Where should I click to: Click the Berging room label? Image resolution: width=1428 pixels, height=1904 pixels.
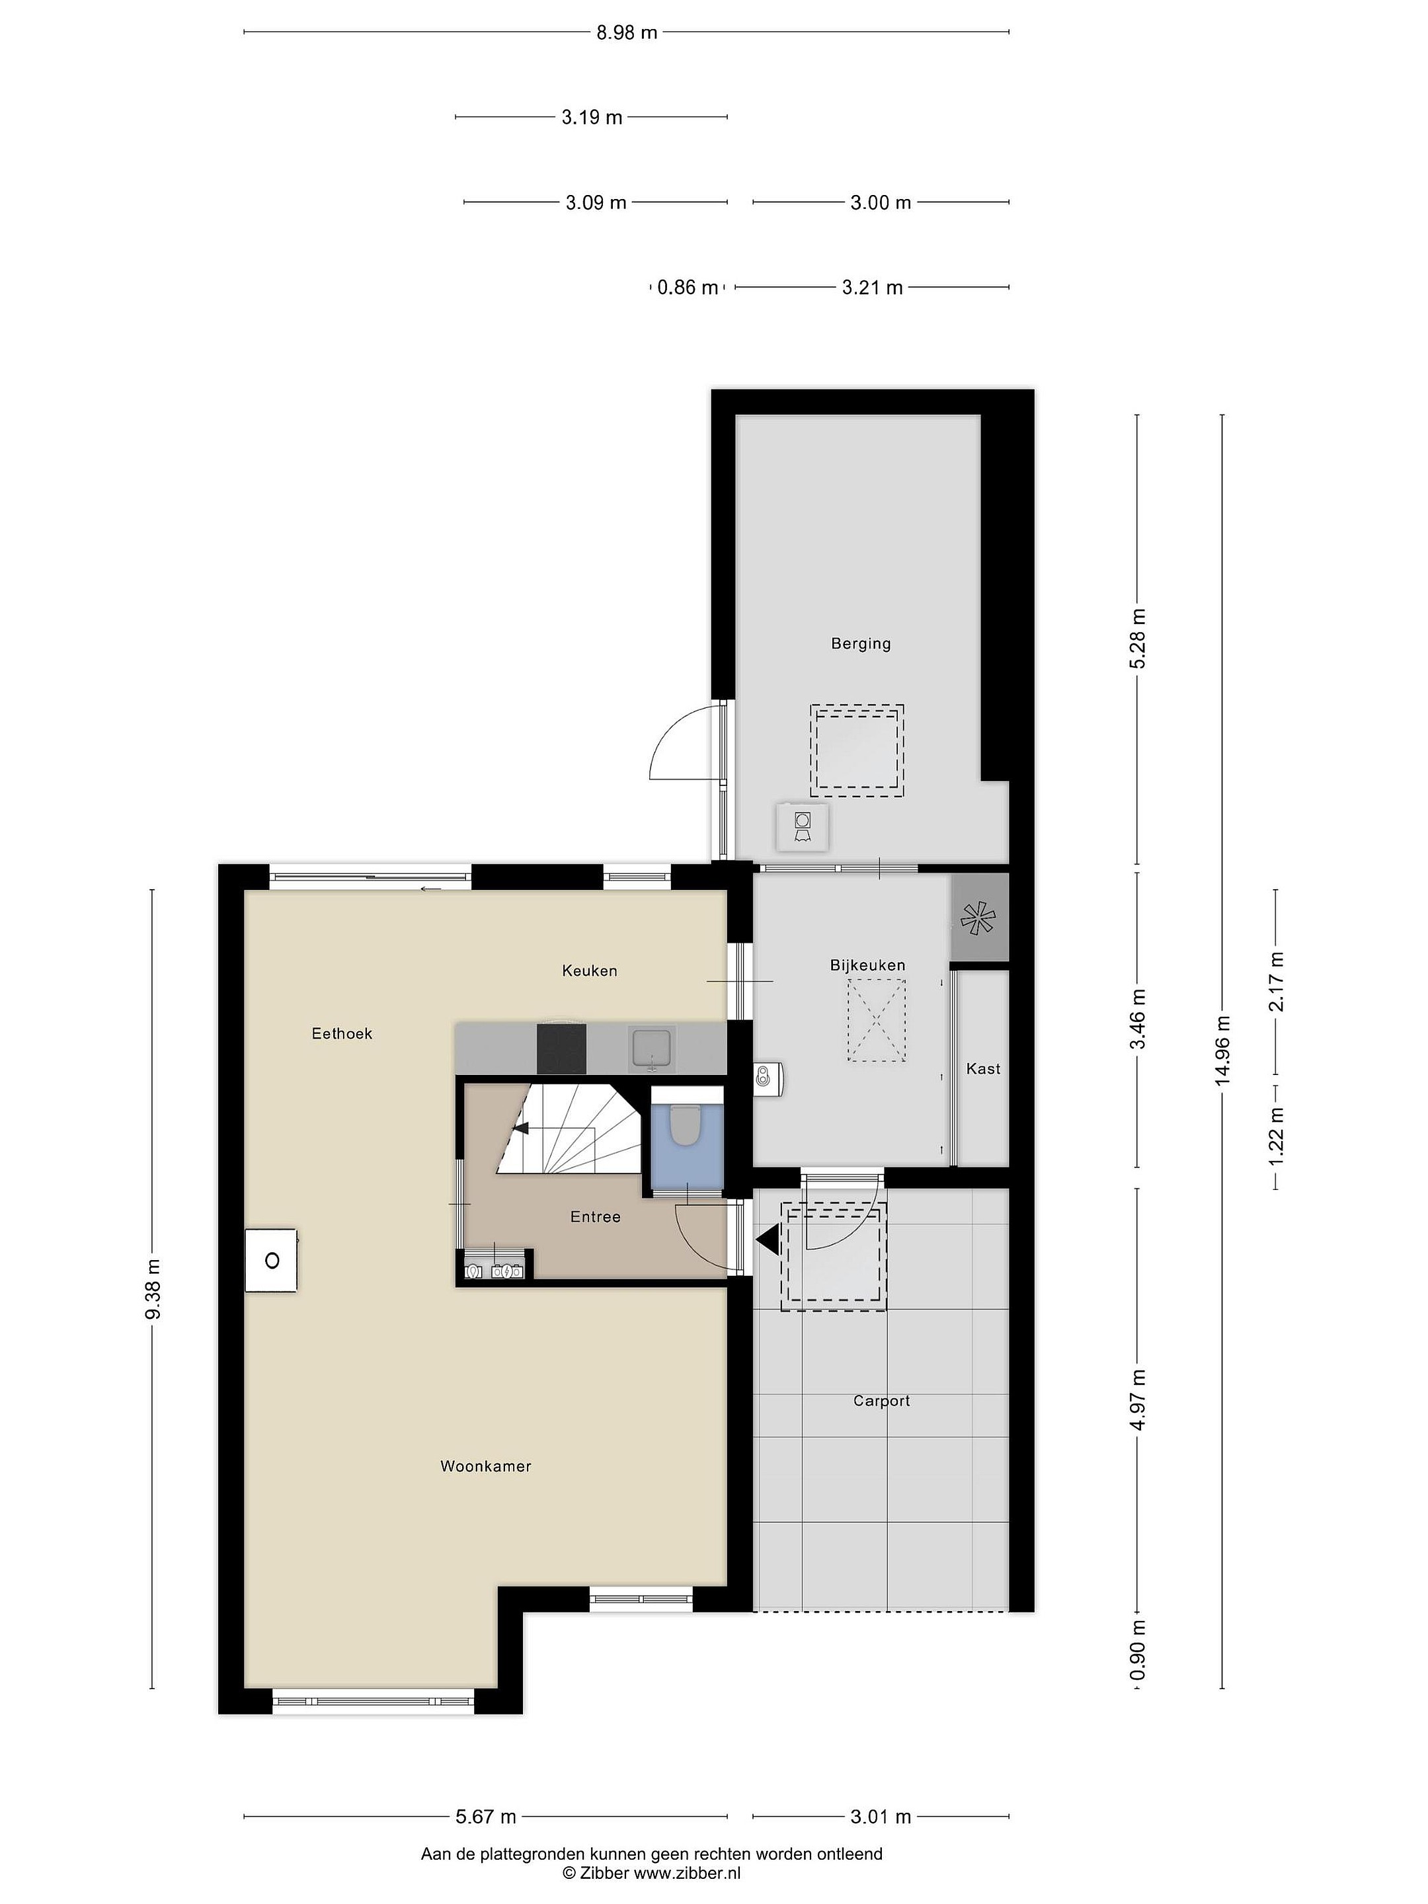[860, 644]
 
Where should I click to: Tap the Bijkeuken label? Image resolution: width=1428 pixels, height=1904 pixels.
[867, 966]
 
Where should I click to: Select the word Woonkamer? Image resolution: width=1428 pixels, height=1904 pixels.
[485, 1466]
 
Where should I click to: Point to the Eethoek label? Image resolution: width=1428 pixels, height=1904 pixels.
[342, 1034]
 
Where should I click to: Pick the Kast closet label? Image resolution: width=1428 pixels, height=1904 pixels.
[983, 1068]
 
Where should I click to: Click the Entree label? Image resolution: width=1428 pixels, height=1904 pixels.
[595, 1216]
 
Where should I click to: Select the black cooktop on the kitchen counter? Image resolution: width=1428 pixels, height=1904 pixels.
[561, 1049]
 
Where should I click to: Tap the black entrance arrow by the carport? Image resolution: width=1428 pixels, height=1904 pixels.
[767, 1240]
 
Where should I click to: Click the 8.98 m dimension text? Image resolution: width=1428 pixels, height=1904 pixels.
[627, 32]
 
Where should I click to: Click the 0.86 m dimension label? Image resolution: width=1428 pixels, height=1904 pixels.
[687, 288]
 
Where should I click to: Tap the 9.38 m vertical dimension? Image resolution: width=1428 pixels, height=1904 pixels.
[152, 1289]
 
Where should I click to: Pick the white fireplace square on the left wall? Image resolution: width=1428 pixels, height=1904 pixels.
[271, 1260]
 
